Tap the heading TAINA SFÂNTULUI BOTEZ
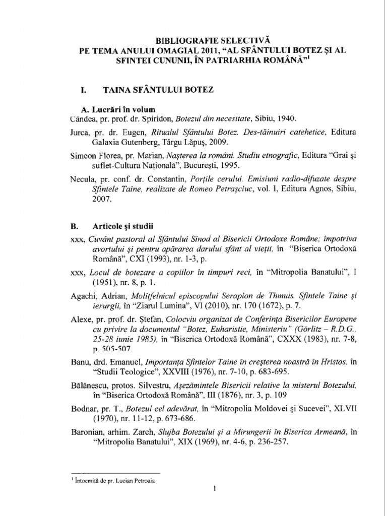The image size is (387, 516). coord(158,90)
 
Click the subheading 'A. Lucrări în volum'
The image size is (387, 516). coord(118,110)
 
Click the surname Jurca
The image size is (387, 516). coord(80,133)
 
